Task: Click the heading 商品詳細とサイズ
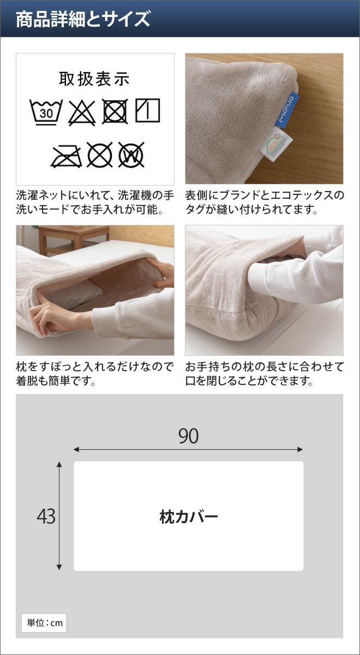pos(83,19)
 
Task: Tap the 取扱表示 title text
pos(94,79)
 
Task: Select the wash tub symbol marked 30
pos(46,112)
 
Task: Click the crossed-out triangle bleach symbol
pos(82,112)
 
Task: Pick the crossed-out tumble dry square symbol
pos(115,111)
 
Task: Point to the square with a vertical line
pos(148,110)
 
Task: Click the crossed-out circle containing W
pos(131,154)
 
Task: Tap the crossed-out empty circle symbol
pos(100,154)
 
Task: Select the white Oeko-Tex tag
pos(276,144)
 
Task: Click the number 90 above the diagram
pos(189,436)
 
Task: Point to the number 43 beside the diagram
pos(46,516)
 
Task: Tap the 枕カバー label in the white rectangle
pos(189,517)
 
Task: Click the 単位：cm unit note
pos(44,623)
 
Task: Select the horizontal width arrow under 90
pos(189,449)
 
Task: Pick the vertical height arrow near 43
pos(59,516)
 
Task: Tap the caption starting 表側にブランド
pos(265,203)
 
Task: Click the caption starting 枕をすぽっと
pos(95,374)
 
